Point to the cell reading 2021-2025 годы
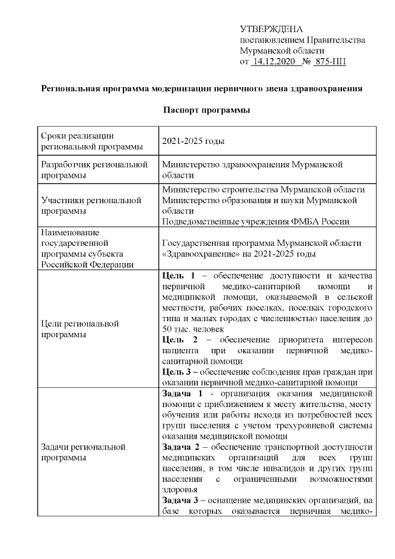[x=193, y=141]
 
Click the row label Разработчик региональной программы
[x=93, y=170]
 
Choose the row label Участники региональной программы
[x=91, y=206]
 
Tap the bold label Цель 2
[x=177, y=339]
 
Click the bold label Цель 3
[x=177, y=371]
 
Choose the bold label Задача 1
[x=181, y=393]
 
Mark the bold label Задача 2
[x=181, y=447]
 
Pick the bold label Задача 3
[x=181, y=500]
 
